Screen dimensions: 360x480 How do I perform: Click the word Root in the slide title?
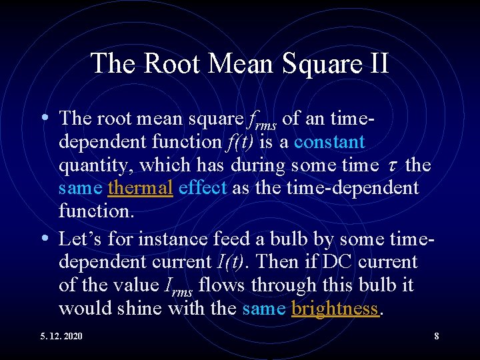(x=163, y=63)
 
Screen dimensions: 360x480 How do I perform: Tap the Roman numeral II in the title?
(x=377, y=63)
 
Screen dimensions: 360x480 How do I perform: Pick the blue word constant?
(x=329, y=142)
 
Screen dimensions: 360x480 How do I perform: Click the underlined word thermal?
(x=140, y=188)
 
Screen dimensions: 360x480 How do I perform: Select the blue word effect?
(x=203, y=188)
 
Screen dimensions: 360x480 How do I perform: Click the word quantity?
(x=98, y=165)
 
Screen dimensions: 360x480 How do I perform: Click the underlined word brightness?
(x=335, y=309)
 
